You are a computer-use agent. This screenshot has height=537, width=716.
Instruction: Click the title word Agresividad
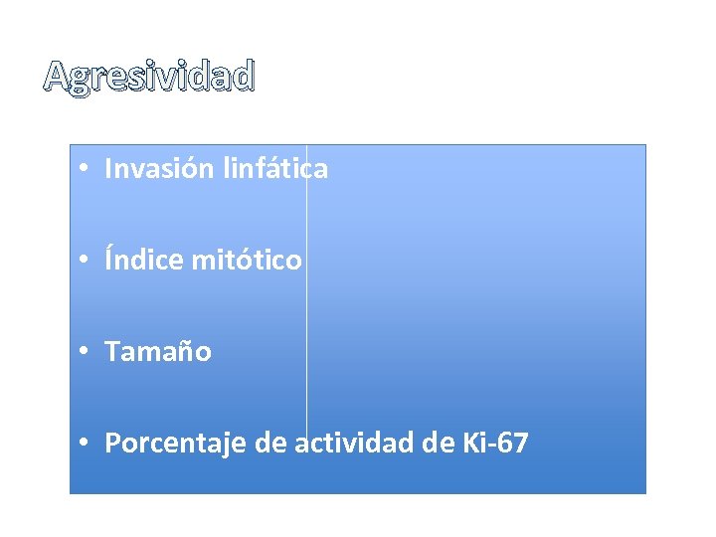pyautogui.click(x=149, y=77)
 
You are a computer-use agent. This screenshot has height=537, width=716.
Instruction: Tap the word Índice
pyautogui.click(x=144, y=261)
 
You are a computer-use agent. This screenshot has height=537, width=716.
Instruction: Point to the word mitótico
pyautogui.click(x=246, y=261)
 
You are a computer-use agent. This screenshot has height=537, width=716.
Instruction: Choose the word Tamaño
pyautogui.click(x=158, y=352)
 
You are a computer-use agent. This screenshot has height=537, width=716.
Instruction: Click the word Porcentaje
pyautogui.click(x=175, y=444)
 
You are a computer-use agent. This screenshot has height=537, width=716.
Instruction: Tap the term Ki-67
pyautogui.click(x=495, y=444)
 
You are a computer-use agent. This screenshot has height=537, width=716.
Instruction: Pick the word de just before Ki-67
pyautogui.click(x=439, y=444)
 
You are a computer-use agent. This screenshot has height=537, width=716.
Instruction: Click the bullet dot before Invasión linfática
pyautogui.click(x=89, y=170)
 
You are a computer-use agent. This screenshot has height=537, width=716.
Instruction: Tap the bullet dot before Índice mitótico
pyautogui.click(x=89, y=262)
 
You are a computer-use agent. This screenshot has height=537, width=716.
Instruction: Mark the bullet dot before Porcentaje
pyautogui.click(x=89, y=445)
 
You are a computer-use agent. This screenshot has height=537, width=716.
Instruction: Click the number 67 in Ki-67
pyautogui.click(x=513, y=444)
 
